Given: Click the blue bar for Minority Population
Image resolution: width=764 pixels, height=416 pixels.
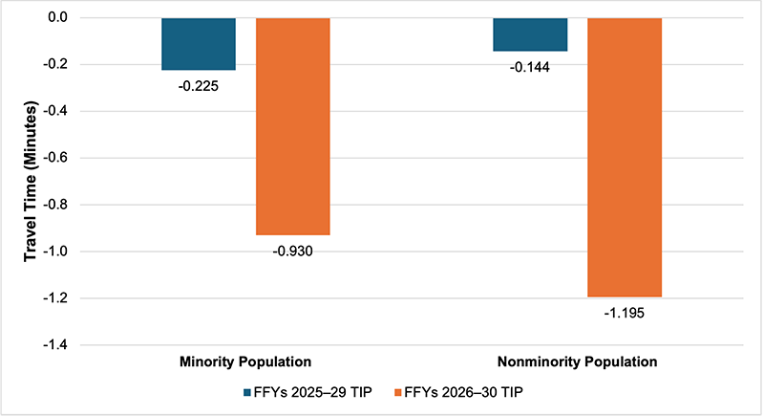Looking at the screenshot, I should pyautogui.click(x=199, y=44).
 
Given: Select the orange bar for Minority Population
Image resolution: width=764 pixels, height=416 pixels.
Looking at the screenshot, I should pyautogui.click(x=293, y=126).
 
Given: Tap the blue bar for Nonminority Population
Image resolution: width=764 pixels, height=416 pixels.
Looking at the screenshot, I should pyautogui.click(x=530, y=34).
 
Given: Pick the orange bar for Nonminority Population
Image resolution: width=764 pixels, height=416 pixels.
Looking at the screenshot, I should pyautogui.click(x=625, y=158).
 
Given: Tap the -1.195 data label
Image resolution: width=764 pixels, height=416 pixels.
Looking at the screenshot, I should pyautogui.click(x=625, y=312).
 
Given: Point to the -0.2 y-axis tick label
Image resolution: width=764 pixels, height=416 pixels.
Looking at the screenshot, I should pyautogui.click(x=60, y=65).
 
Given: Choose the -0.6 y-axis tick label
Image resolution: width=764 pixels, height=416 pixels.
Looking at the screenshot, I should pyautogui.click(x=60, y=158).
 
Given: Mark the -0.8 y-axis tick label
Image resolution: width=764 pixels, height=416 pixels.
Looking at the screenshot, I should pyautogui.click(x=60, y=205).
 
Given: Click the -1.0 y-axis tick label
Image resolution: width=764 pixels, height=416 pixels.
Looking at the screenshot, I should pyautogui.click(x=60, y=252).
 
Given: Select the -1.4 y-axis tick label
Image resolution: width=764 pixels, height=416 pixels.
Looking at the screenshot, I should pyautogui.click(x=60, y=344).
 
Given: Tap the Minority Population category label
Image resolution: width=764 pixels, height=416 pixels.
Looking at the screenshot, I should pyautogui.click(x=245, y=362).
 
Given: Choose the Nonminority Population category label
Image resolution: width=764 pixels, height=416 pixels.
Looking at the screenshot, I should pyautogui.click(x=578, y=362).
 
